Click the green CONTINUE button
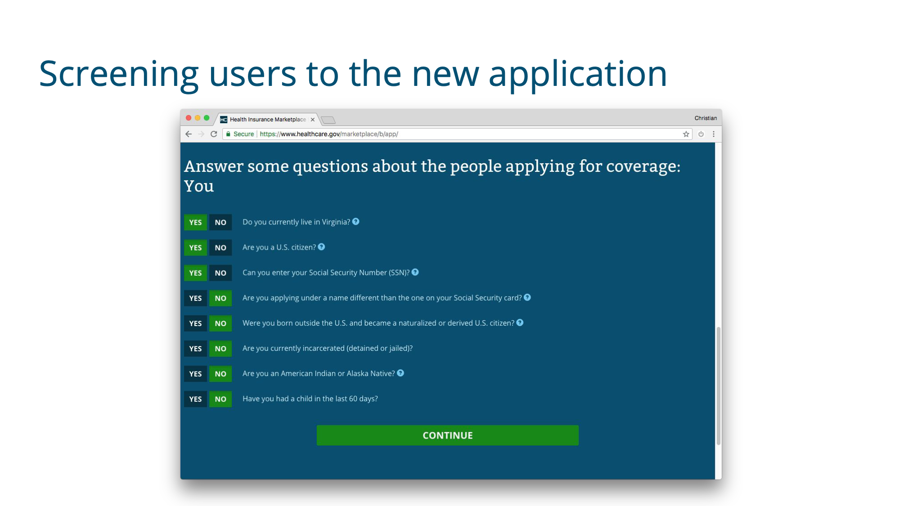447,435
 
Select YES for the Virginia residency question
195,222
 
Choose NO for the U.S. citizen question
220,247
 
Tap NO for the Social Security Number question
220,273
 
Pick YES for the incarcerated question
195,349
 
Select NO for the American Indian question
220,374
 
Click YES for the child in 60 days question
195,399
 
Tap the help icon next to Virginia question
356,221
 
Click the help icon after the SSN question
415,272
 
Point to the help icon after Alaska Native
400,373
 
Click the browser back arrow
189,134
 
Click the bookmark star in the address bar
686,134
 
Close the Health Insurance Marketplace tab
313,120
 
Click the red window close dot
189,118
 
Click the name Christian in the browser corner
706,118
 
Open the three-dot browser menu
714,134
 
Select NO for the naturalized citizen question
220,323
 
